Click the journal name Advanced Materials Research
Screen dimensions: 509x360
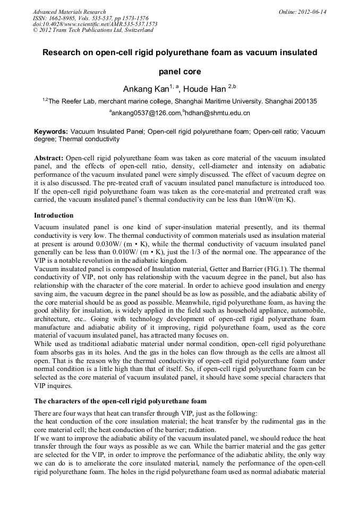69,12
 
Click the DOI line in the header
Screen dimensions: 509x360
95,24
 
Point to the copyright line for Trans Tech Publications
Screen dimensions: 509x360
93,30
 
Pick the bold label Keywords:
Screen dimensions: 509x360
51,131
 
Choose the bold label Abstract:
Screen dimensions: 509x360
49,159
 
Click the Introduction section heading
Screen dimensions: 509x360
55,215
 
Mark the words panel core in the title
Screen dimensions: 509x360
180,71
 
